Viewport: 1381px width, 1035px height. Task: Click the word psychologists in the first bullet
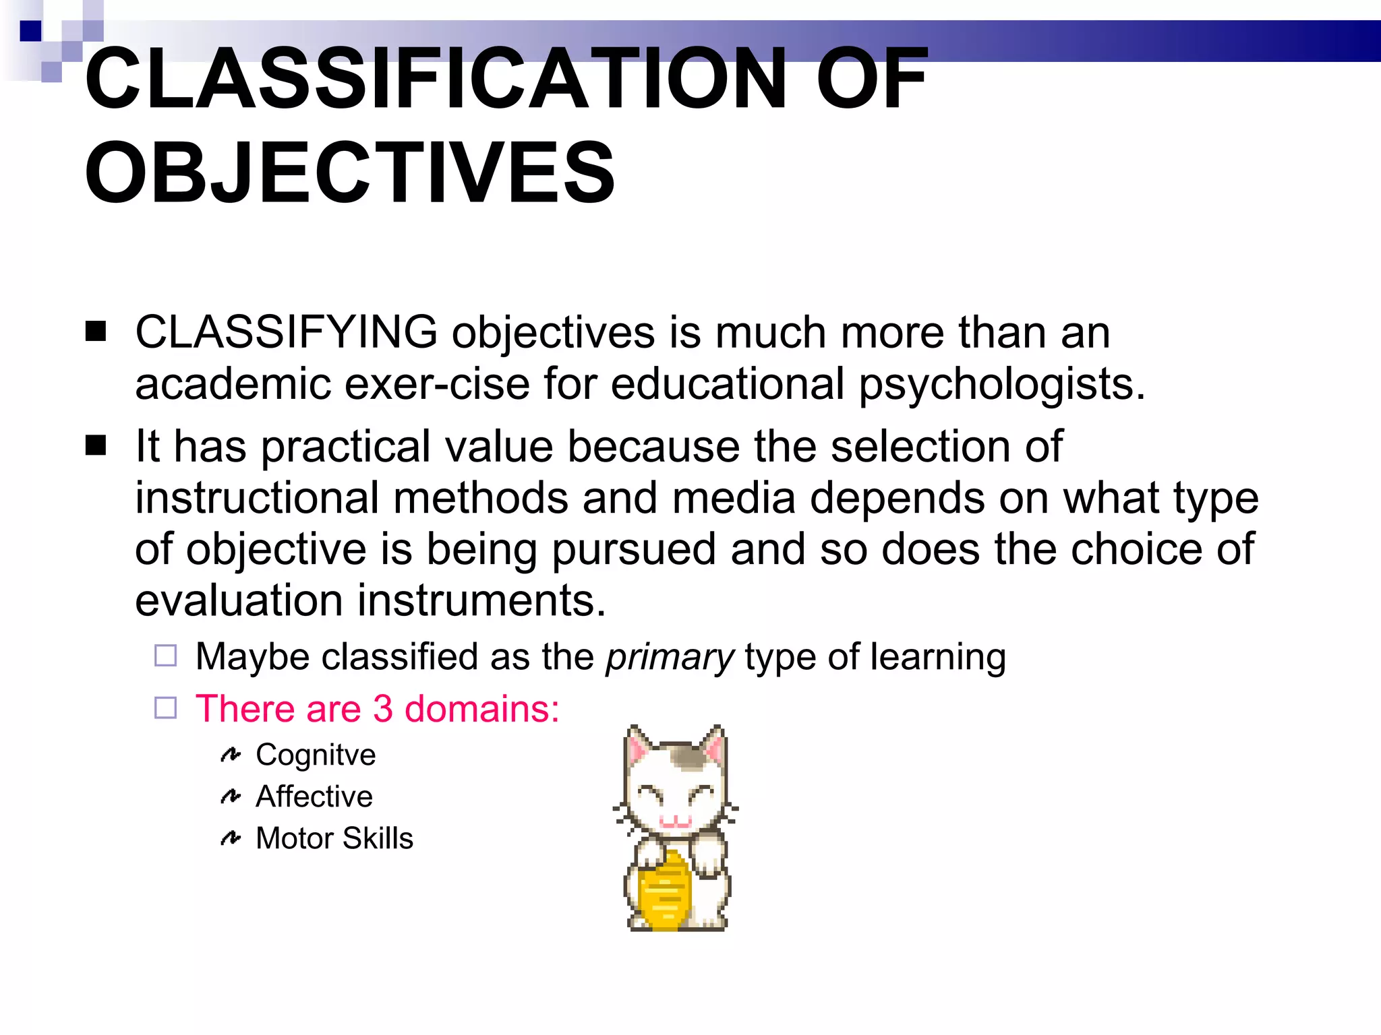[1001, 385]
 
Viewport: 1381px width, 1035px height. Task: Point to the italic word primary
[670, 657]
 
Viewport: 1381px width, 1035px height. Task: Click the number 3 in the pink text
[382, 709]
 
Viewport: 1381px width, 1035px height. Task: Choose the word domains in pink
[481, 709]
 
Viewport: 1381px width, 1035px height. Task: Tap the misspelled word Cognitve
[316, 755]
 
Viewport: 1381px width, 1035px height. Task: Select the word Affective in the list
[314, 797]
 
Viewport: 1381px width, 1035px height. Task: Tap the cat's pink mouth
[675, 821]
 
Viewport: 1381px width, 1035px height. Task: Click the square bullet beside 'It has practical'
[96, 445]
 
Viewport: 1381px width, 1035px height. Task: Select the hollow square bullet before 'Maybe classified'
[166, 656]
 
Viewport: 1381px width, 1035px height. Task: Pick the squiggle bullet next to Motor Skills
[231, 838]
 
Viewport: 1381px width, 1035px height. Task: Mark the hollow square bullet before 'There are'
[166, 708]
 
